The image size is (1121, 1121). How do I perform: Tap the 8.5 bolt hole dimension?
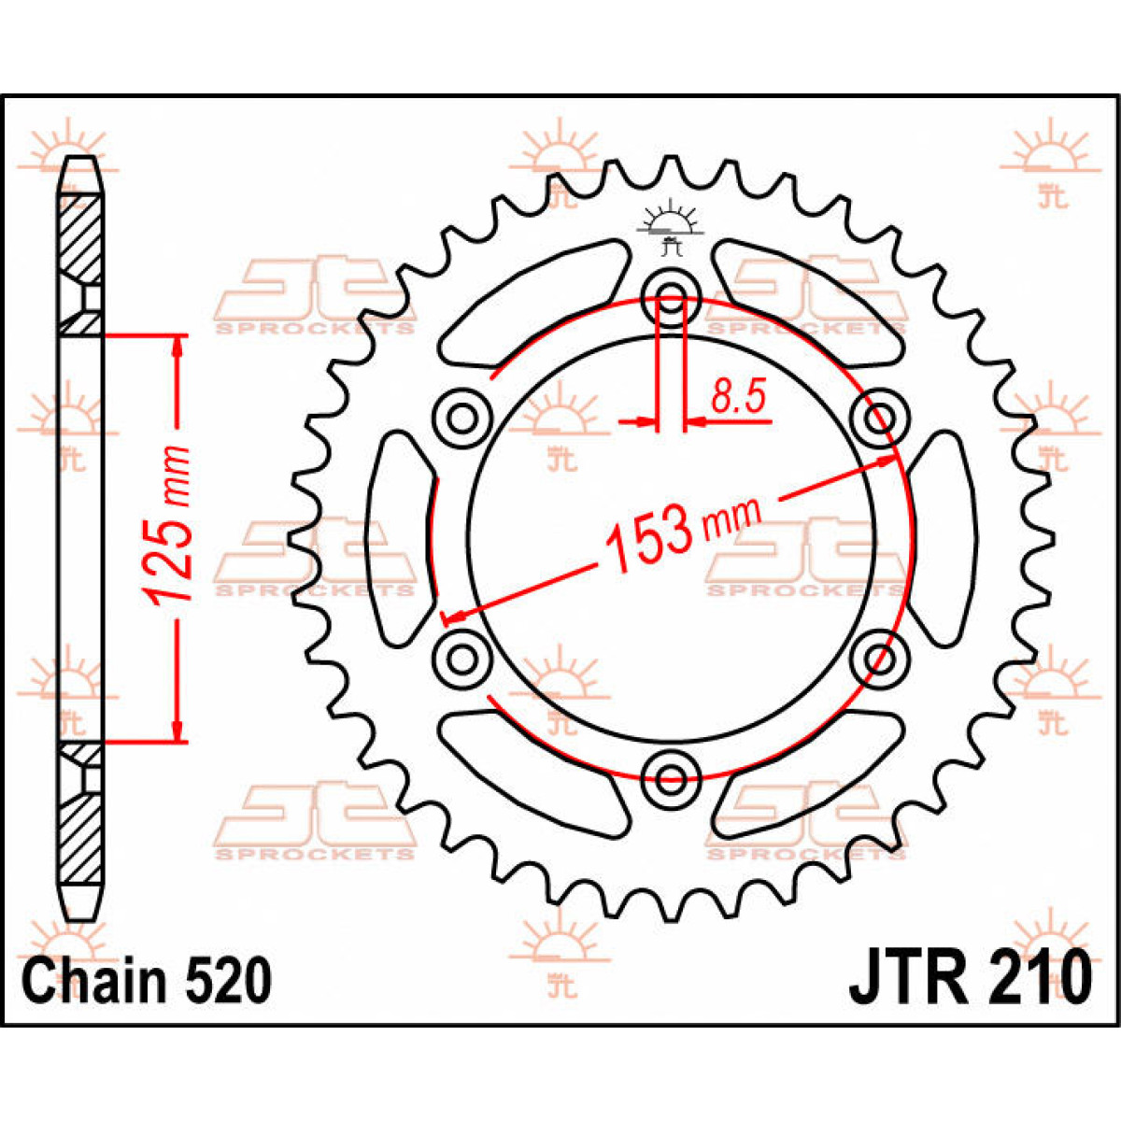pyautogui.click(x=738, y=398)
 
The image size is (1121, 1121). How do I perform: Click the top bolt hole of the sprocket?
pyautogui.click(x=672, y=298)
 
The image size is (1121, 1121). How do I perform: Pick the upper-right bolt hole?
pyautogui.click(x=880, y=416)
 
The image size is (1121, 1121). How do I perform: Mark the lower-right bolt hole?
pyautogui.click(x=880, y=658)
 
